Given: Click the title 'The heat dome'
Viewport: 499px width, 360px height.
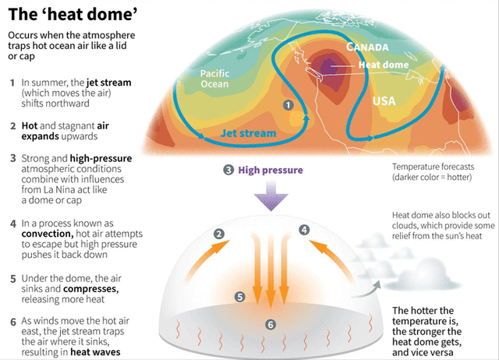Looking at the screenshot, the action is point(73,15).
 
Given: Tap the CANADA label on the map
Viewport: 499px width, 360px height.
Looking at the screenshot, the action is point(367,47).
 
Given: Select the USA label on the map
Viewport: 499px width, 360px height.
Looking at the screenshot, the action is point(384,101).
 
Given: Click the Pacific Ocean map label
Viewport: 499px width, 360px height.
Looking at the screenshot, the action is point(214,79).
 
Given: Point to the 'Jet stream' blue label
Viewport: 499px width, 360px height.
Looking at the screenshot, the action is point(248,133).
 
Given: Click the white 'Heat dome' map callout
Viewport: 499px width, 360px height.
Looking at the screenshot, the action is point(384,65).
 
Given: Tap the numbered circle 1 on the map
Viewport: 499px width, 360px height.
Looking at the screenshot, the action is point(288,105).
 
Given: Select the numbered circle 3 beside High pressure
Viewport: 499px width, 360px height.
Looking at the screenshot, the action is point(228,170).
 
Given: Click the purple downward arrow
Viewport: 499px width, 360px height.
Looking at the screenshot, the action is point(271,196).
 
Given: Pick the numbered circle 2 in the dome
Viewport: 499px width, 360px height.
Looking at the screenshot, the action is point(219,235).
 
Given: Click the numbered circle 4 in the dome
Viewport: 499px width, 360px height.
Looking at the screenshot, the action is point(304,230).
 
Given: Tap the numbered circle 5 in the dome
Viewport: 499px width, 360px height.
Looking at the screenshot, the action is point(239,297).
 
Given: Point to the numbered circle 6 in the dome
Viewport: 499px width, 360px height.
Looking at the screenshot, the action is point(271,325).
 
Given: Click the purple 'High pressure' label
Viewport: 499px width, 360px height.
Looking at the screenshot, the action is point(271,170).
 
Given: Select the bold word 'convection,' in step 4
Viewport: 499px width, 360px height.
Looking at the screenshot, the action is point(48,234).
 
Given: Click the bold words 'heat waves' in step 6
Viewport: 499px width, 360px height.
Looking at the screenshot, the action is point(95,352).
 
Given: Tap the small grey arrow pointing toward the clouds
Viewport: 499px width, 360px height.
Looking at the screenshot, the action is point(366,290).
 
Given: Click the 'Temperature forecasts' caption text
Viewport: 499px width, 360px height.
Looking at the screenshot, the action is point(434,167).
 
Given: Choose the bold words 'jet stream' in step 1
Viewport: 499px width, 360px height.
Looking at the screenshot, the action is point(108,83).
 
